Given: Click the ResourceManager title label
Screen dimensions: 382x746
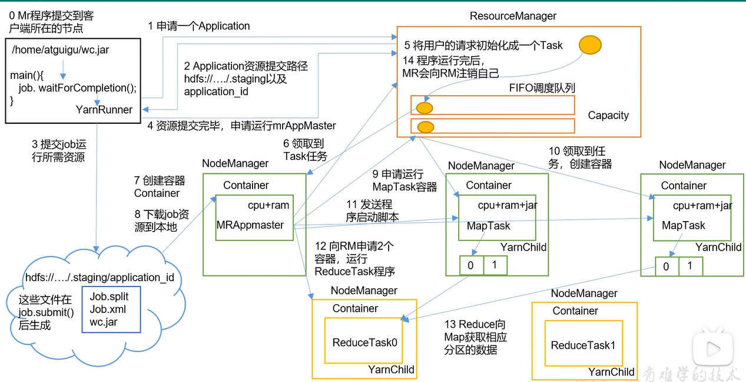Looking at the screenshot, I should [x=513, y=16].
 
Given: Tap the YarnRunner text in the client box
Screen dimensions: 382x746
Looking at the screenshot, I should [x=104, y=110].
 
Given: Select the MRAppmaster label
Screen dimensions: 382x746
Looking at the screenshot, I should [x=250, y=225].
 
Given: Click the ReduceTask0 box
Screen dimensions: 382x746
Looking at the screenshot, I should [x=363, y=342].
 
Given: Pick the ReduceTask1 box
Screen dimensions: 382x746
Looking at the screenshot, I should [x=583, y=345].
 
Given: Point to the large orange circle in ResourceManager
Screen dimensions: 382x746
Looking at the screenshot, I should [x=590, y=45].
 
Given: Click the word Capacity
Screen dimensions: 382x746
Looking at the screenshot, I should [x=608, y=116].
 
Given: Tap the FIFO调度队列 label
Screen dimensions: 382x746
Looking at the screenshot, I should [x=542, y=88].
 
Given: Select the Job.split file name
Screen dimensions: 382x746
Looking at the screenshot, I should [x=109, y=297].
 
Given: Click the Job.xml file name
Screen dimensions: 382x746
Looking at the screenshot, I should [x=108, y=309].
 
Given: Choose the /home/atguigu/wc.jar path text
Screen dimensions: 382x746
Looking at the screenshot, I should [x=60, y=50].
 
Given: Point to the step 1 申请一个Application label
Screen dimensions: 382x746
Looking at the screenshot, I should [x=199, y=26].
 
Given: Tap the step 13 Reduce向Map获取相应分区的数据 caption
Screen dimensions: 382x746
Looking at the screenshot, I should [x=475, y=337].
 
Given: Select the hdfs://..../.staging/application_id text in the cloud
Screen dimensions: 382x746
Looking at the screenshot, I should [x=100, y=277].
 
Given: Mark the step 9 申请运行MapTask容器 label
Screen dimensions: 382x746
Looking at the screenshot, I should [x=405, y=180].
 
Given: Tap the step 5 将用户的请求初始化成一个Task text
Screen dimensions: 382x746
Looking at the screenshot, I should [x=483, y=45].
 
